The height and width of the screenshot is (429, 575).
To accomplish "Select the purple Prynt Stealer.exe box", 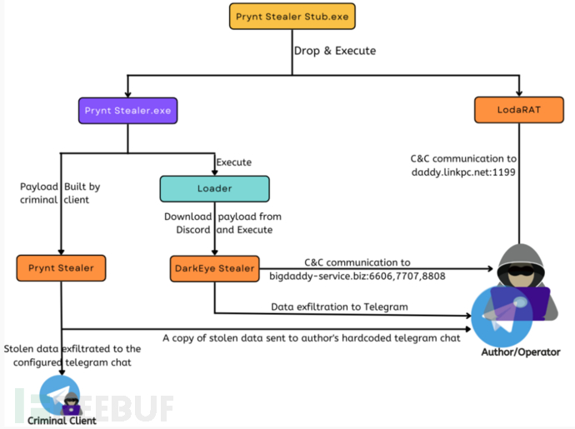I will click(x=127, y=110).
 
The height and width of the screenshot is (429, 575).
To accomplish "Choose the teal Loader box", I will click(x=214, y=188).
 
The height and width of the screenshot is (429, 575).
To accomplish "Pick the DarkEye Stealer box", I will click(x=213, y=267).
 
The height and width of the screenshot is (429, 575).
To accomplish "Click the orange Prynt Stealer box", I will click(x=61, y=267).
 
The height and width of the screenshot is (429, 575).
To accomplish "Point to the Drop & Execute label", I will click(x=334, y=51).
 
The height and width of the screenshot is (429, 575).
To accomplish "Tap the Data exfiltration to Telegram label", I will click(x=339, y=307).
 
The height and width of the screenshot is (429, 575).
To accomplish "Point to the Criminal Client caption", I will click(x=62, y=421).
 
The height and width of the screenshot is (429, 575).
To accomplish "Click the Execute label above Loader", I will click(x=234, y=162).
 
